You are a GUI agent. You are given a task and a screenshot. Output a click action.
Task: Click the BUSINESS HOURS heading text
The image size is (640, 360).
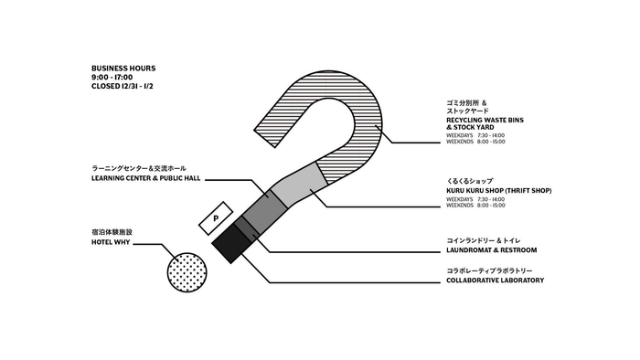click(123, 69)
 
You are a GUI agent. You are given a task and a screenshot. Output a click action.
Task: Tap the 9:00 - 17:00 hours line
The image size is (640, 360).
click(112, 78)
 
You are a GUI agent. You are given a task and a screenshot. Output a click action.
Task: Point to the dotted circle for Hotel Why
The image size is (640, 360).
click(187, 271)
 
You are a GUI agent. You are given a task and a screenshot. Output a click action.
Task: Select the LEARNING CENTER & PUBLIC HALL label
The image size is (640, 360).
click(145, 178)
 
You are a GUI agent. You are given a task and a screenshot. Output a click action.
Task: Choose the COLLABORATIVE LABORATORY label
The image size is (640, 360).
click(495, 281)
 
